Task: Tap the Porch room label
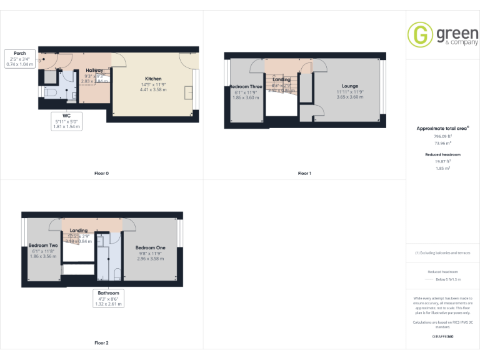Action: point(19,53)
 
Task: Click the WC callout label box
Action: point(66,121)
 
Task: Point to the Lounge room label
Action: point(350,86)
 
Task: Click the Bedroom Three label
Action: point(246,87)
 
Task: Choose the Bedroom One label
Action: point(150,247)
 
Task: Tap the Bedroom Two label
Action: point(42,246)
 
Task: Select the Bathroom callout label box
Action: point(108,298)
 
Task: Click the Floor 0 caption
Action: point(101,173)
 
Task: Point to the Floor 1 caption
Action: point(304,173)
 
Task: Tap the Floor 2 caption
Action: point(101,343)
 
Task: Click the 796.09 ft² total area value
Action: point(442,136)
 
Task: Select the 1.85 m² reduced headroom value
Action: point(442,168)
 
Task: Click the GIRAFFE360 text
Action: point(442,336)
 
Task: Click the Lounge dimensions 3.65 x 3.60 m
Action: point(350,97)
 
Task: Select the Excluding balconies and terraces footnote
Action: point(442,253)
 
